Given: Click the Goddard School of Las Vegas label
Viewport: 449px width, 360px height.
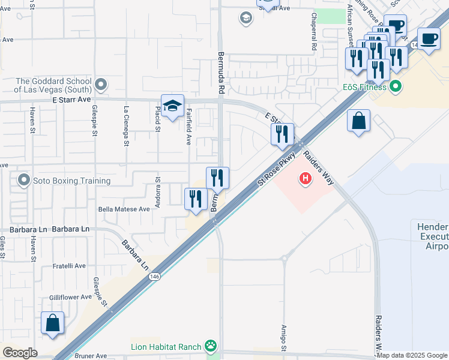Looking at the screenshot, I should point(53,85).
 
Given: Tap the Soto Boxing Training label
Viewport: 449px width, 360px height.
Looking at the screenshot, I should point(71,181).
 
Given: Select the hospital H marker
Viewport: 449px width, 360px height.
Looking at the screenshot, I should point(306,178).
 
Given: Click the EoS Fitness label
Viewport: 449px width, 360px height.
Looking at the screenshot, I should point(369,88).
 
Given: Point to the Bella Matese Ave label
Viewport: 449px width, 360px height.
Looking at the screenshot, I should point(123,209).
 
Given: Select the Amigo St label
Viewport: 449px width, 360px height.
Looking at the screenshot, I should point(284,338).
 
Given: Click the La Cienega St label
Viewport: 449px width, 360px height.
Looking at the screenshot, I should point(126,126).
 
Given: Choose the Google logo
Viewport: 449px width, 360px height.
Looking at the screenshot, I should point(20,352).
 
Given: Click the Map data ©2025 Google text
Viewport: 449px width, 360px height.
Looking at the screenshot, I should point(412,355).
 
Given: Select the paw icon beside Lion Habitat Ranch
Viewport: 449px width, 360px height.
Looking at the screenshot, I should point(211,346).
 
